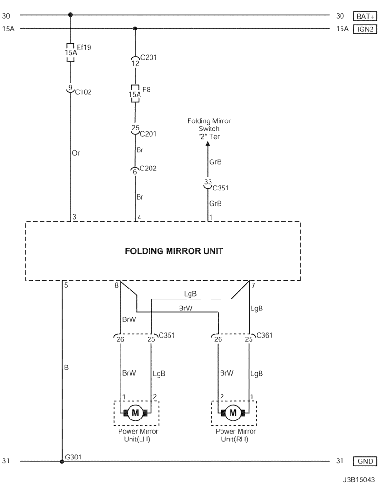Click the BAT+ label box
tap(365, 16)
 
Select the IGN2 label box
tap(365, 29)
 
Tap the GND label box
tap(365, 461)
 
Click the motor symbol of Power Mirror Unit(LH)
tap(135, 412)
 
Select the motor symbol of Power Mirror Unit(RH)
tap(233, 412)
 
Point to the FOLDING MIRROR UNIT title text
tap(174, 251)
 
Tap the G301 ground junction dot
tap(62, 461)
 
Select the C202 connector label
tap(148, 169)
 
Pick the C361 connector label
tap(265, 335)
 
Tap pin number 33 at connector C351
tap(208, 182)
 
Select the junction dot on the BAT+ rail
tap(70, 16)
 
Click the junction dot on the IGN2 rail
tap(135, 29)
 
